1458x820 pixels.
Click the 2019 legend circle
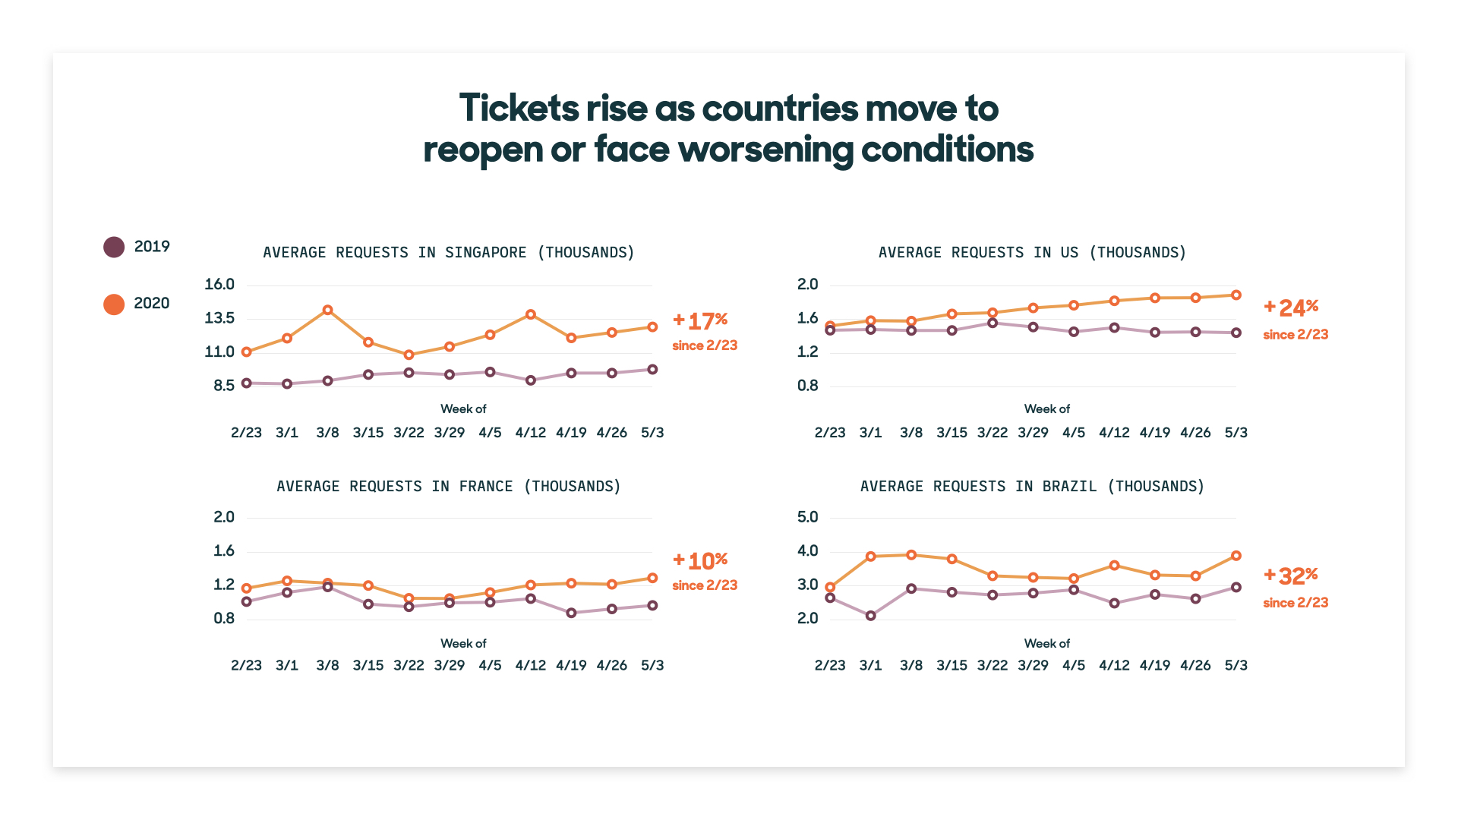click(114, 247)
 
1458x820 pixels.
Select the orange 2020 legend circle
click(114, 304)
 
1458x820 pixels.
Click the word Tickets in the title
click(519, 109)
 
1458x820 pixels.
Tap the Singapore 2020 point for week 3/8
click(327, 310)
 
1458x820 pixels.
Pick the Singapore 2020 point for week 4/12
click(531, 314)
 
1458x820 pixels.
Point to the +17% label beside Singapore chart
click(700, 320)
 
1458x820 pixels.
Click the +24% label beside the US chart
click(1291, 307)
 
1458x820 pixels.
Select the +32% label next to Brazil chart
click(1291, 576)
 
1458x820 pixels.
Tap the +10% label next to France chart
click(700, 560)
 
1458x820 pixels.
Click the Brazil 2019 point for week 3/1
click(871, 616)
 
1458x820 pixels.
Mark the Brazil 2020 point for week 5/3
click(1236, 556)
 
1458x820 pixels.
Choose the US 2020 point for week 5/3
click(1236, 295)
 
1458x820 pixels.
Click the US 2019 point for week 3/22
click(993, 323)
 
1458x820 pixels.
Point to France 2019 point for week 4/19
click(571, 613)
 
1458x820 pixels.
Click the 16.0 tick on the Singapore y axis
click(219, 285)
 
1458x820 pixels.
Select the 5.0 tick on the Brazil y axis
click(807, 517)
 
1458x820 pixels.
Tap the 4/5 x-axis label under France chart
click(490, 665)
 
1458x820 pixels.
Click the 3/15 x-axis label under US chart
click(951, 433)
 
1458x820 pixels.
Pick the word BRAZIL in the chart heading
click(1069, 486)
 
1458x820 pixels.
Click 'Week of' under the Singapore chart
click(463, 408)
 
